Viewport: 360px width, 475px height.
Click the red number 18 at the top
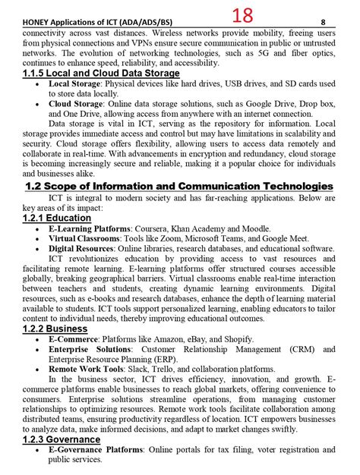[243, 14]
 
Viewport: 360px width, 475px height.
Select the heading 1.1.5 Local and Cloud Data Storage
[102, 73]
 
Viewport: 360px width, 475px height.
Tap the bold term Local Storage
[76, 83]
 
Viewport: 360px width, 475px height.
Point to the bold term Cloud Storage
[77, 103]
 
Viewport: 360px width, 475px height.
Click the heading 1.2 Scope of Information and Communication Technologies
[179, 186]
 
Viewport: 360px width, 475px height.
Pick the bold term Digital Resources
[84, 248]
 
